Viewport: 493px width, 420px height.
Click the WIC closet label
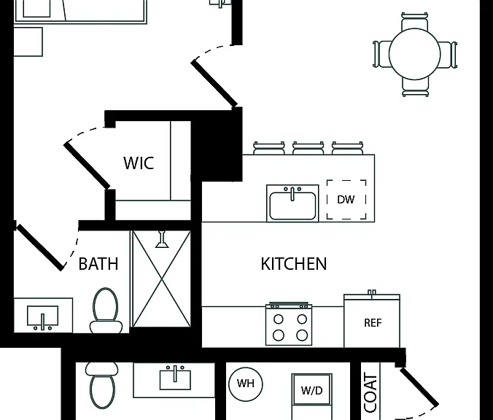click(x=139, y=163)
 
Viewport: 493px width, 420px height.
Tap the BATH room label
click(x=98, y=264)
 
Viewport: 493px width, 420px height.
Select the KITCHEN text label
click(x=294, y=264)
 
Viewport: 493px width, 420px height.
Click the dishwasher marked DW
click(x=346, y=199)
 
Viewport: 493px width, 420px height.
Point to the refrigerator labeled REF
click(x=372, y=321)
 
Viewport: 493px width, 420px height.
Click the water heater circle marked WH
click(x=246, y=384)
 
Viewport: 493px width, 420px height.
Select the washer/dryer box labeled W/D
click(x=311, y=390)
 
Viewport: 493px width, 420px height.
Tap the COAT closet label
click(x=370, y=392)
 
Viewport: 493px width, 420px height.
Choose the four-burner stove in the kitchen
click(x=289, y=324)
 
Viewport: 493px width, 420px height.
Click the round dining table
click(x=415, y=54)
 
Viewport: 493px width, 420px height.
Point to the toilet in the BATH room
click(x=106, y=311)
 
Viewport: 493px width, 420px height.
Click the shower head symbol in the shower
click(x=162, y=240)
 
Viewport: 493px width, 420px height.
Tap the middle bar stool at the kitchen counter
click(x=308, y=148)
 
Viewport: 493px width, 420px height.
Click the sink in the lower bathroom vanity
click(x=175, y=378)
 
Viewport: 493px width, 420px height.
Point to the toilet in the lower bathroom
click(x=102, y=386)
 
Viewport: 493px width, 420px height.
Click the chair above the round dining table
click(x=415, y=21)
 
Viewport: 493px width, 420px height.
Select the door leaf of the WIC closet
click(x=87, y=166)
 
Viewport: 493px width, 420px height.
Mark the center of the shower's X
click(x=162, y=279)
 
